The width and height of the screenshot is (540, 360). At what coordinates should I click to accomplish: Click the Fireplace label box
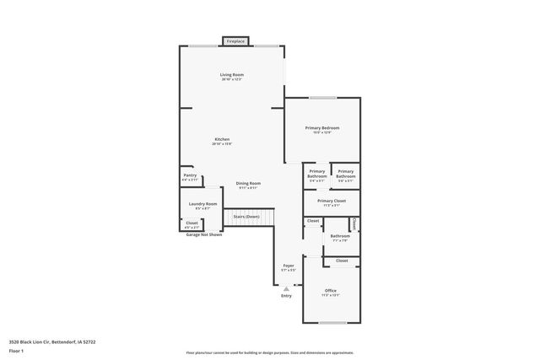(x=235, y=40)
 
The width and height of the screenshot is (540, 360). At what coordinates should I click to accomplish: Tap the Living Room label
(x=232, y=76)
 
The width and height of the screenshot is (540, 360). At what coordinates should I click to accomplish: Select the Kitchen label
(x=222, y=139)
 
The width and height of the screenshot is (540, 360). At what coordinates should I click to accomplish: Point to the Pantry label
(x=190, y=175)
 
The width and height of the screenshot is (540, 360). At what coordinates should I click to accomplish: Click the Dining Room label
(x=248, y=184)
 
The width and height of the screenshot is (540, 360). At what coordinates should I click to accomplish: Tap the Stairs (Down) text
(x=247, y=217)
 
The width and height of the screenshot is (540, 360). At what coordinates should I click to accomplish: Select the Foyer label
(x=289, y=266)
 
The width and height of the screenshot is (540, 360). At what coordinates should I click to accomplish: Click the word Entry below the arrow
(x=286, y=295)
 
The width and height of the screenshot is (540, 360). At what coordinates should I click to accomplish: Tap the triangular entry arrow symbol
(x=286, y=287)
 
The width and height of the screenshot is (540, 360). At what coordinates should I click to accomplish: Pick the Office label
(x=331, y=291)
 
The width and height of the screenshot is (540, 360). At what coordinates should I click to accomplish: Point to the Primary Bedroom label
(x=321, y=128)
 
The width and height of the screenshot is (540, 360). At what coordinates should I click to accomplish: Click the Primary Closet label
(x=332, y=201)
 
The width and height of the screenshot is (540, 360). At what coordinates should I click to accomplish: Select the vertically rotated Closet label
(x=354, y=223)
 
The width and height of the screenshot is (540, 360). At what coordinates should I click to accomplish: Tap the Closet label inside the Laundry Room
(x=192, y=223)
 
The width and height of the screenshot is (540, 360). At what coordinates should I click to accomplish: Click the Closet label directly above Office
(x=342, y=261)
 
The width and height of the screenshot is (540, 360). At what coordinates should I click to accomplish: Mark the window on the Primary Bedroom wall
(x=324, y=98)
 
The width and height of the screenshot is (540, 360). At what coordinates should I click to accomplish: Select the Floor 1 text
(x=17, y=352)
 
